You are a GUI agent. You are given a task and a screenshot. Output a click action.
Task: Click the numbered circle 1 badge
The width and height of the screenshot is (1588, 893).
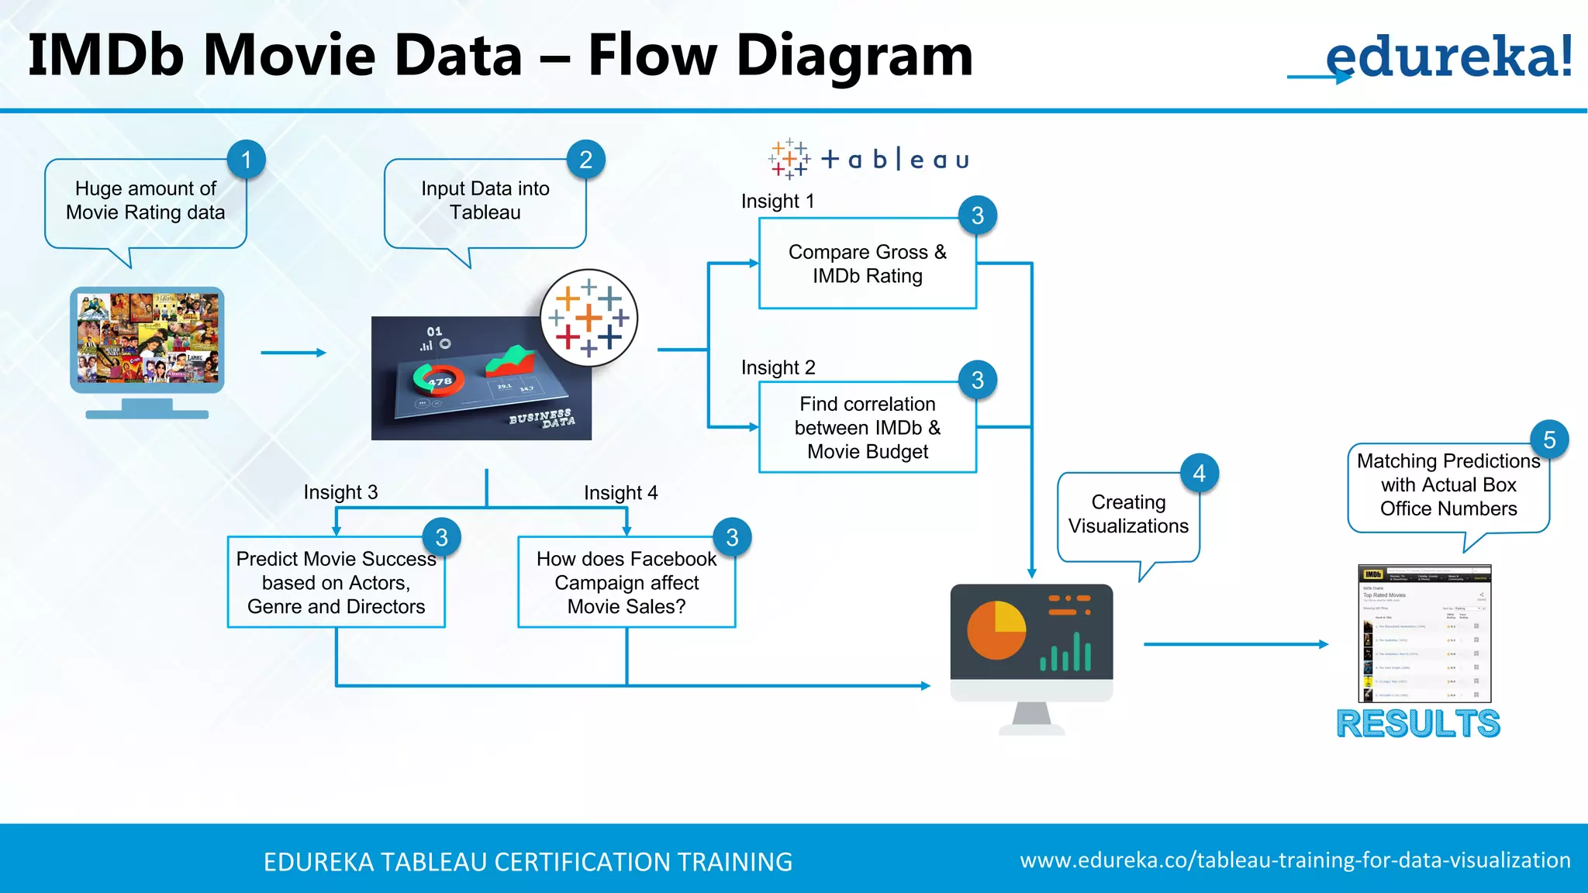coord(247,160)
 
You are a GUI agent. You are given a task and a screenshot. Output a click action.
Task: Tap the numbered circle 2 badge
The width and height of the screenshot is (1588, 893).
coord(585,160)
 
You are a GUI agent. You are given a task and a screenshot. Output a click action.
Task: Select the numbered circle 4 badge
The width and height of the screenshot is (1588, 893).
coord(1199,473)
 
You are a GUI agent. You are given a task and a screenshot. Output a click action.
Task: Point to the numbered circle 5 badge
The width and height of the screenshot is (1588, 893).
coord(1549,440)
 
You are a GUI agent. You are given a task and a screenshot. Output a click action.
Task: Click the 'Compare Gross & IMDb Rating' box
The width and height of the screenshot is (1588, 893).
coord(867,264)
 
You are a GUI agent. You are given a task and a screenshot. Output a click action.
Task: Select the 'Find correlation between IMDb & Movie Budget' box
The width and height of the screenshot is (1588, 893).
coord(867,427)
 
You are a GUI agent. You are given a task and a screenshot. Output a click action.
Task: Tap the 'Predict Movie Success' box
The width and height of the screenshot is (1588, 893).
coord(336,582)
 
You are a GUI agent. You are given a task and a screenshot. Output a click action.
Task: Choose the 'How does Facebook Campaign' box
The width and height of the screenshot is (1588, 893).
coord(626,582)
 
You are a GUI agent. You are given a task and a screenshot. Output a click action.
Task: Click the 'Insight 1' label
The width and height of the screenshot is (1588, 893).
coord(778,202)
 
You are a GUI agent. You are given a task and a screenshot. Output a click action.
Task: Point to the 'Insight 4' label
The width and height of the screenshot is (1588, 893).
coord(620,493)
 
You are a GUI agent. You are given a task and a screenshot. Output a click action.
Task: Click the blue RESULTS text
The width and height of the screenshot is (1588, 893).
coord(1418,724)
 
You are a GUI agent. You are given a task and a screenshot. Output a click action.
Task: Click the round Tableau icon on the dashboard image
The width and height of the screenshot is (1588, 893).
coord(589,318)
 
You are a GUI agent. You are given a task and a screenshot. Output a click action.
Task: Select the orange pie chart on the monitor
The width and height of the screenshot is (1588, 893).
coord(996,629)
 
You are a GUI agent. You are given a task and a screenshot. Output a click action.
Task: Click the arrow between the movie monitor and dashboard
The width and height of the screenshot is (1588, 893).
coord(293,353)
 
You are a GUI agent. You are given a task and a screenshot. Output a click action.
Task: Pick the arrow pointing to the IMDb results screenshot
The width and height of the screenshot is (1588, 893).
coord(1235,644)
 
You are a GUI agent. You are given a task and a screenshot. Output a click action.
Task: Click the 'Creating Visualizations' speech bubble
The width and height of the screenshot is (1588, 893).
coord(1128,515)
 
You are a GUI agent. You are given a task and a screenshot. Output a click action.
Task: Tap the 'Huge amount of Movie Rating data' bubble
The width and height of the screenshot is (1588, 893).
coord(146,202)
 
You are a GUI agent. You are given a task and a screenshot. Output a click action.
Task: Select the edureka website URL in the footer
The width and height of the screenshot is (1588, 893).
coord(1295,860)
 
